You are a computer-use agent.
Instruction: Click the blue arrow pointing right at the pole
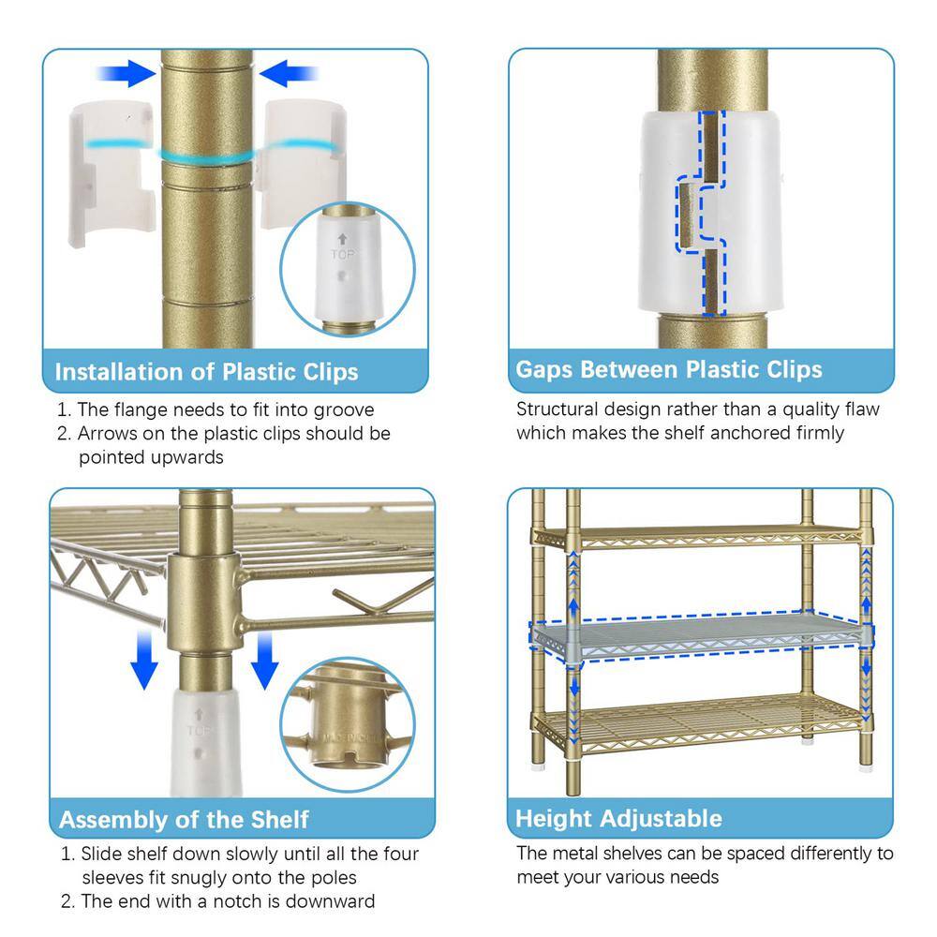point(126,73)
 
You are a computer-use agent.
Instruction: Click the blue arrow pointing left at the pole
point(288,73)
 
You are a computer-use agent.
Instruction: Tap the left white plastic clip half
point(112,173)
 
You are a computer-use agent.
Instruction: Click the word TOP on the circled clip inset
point(342,255)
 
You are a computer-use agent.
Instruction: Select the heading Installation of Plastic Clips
point(207,372)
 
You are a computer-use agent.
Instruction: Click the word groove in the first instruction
point(344,410)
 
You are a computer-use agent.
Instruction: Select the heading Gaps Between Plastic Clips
point(669,369)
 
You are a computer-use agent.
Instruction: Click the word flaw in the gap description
point(861,409)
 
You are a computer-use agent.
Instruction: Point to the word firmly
point(819,433)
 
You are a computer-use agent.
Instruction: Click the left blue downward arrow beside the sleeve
point(144,660)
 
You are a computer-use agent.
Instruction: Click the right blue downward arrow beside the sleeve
point(264,661)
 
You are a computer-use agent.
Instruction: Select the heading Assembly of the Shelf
point(184,820)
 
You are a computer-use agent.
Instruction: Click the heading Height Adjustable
point(618,819)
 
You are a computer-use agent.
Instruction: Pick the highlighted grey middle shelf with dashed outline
point(700,636)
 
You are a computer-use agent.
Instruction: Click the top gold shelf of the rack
point(699,537)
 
